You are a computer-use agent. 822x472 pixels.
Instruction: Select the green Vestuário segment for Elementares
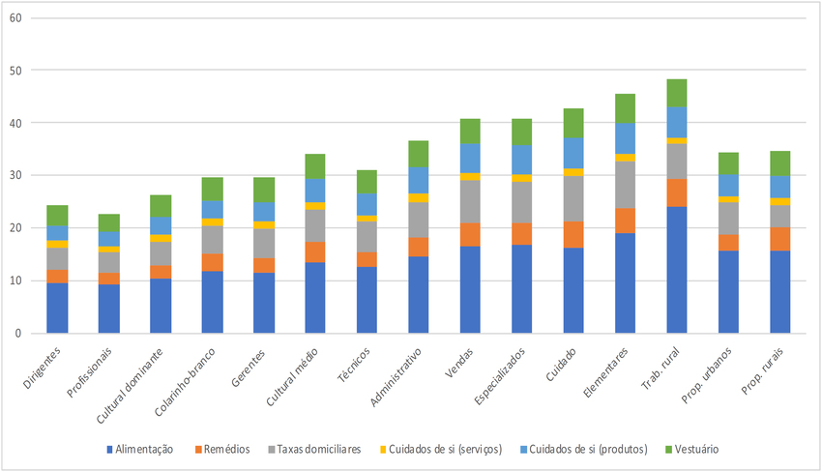tap(626, 108)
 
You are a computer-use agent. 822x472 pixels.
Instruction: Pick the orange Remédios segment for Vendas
tap(470, 235)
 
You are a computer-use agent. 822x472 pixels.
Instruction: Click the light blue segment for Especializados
tap(522, 160)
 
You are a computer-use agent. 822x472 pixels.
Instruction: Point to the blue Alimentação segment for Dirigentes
tap(57, 308)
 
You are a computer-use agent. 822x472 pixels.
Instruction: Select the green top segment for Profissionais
tap(109, 222)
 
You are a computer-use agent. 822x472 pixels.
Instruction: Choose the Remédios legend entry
tap(224, 449)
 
